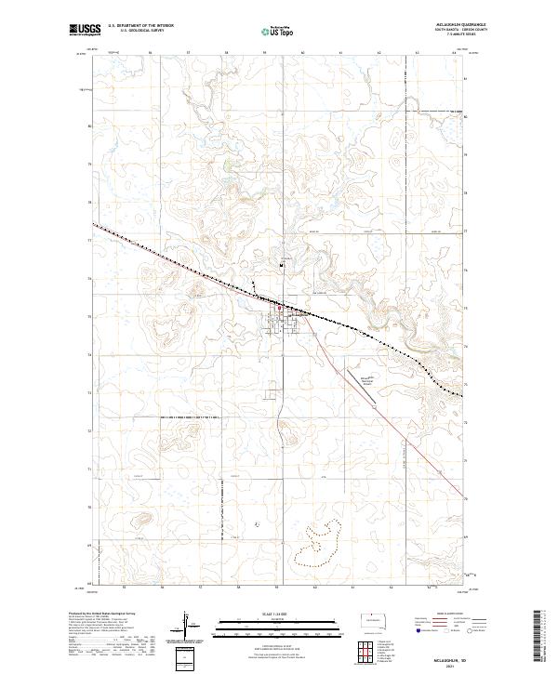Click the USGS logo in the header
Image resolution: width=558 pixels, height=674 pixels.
(83, 31)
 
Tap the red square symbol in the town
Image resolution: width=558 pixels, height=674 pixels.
(283, 311)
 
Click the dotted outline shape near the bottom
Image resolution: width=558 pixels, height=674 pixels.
(321, 544)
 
